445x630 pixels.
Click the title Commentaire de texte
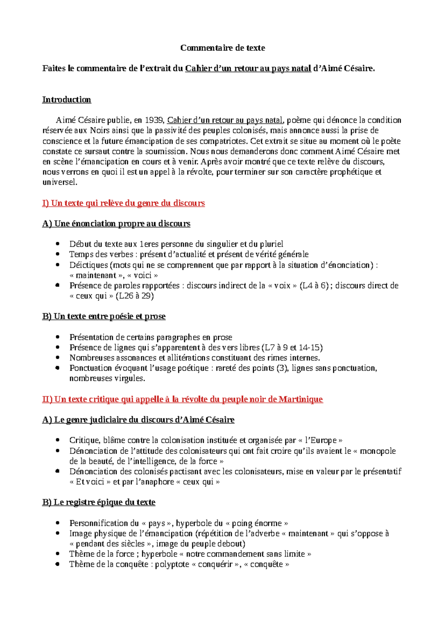tap(222, 48)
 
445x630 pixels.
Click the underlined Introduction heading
tap(66, 100)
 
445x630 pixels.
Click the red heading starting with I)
tap(123, 203)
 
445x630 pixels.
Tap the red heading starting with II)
tap(182, 399)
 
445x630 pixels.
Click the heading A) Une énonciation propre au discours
tap(116, 224)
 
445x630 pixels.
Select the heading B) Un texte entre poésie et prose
tap(104, 316)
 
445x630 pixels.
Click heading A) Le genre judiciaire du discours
tap(138, 420)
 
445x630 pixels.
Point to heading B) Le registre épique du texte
tap(99, 502)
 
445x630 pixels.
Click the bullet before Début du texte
tap(57, 244)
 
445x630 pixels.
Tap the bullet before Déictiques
tap(57, 265)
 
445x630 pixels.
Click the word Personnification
tap(98, 523)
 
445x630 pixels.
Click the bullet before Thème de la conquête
tap(57, 564)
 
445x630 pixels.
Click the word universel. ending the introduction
tap(60, 182)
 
